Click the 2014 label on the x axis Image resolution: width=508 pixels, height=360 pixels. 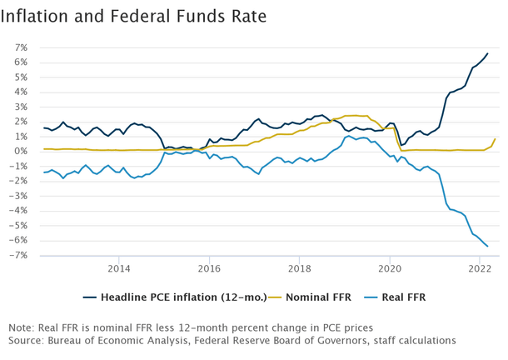tap(119, 268)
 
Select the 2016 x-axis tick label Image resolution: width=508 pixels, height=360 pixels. tap(209, 268)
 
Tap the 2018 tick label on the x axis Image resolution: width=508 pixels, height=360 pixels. tap(300, 268)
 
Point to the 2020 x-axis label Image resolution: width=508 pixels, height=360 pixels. tap(390, 268)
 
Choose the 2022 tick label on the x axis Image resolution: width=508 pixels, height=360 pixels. tap(480, 268)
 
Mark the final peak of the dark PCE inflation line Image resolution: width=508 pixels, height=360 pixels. tap(487, 53)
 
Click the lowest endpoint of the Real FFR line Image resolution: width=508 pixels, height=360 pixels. tap(487, 246)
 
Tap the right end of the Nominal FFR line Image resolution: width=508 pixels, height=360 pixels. tap(495, 139)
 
